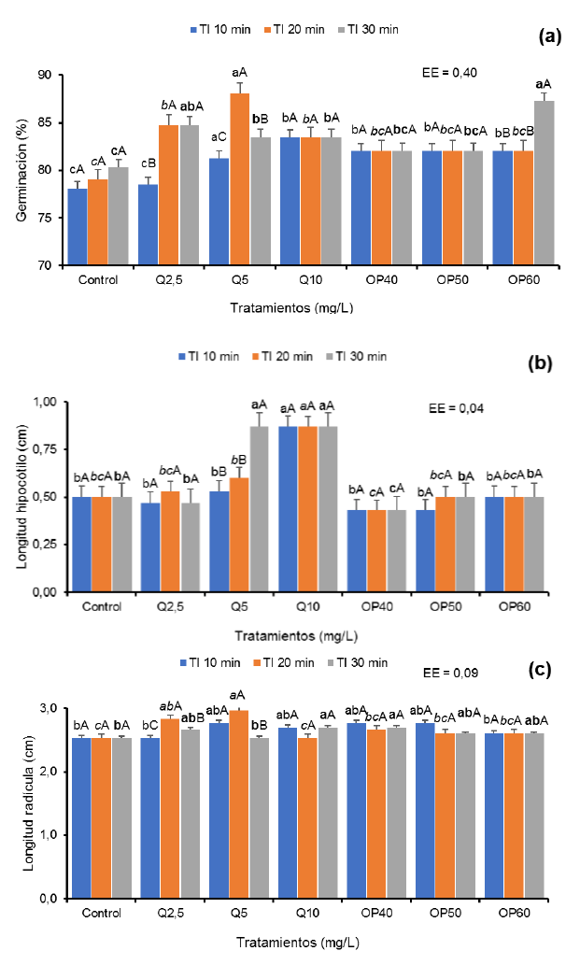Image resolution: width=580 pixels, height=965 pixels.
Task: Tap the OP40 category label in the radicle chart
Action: (379, 913)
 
